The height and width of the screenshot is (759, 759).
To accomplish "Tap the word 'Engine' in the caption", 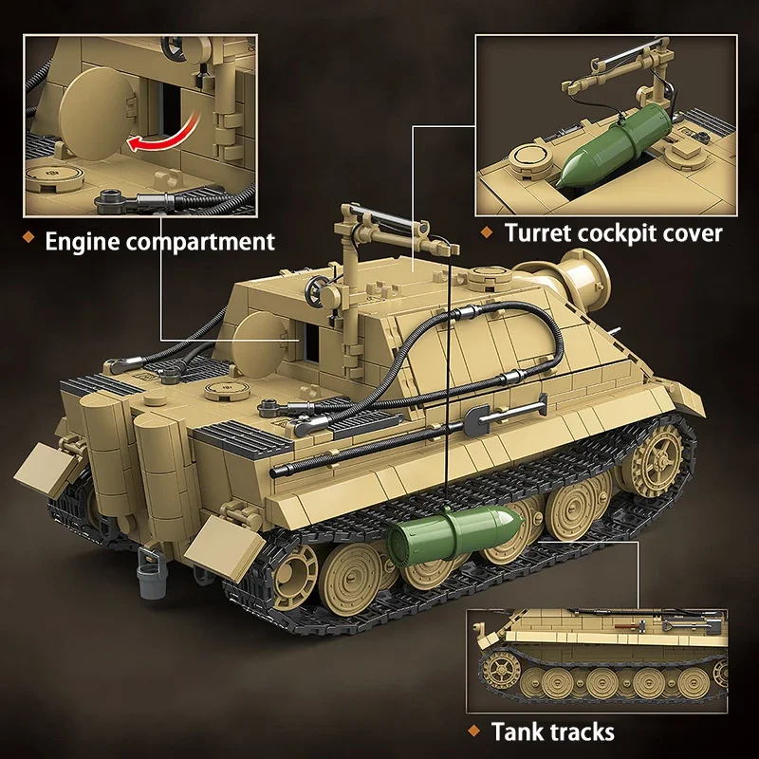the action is click(82, 241).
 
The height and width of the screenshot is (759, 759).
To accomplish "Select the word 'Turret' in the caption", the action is click(537, 232).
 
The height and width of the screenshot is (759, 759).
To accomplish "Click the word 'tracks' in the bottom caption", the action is click(579, 731).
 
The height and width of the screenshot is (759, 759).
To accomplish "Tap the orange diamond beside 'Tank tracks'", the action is click(474, 731).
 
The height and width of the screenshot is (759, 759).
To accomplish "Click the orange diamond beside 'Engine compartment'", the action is click(29, 237).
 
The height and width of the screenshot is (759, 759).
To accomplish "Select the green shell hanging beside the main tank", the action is click(455, 533).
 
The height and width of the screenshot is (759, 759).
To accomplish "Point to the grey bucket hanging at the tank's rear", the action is click(152, 575).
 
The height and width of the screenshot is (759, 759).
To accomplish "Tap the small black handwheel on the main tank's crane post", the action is click(316, 291).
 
